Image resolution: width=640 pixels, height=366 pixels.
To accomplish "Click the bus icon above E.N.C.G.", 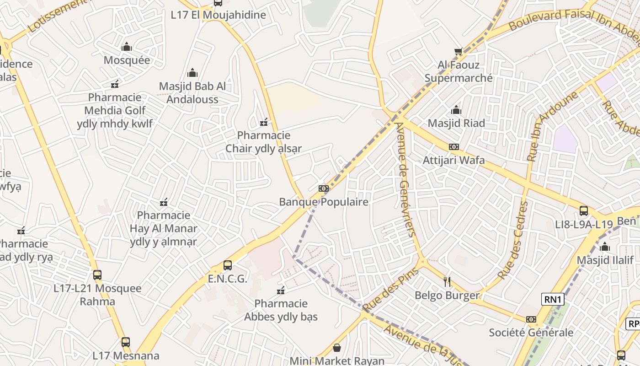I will click(227, 265).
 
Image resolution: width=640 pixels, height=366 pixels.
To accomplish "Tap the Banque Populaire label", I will click(324, 202).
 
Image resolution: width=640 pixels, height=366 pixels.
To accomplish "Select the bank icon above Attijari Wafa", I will click(453, 147).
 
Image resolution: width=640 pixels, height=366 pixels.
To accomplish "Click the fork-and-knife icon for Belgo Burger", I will click(447, 281).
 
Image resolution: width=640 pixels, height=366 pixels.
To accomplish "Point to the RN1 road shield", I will click(553, 300).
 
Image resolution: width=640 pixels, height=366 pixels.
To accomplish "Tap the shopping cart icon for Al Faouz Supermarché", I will click(458, 51).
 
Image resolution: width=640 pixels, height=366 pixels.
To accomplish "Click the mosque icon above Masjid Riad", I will click(456, 110).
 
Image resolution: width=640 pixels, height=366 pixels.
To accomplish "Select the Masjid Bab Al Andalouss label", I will click(192, 92).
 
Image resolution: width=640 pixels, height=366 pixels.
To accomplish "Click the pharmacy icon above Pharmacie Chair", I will click(264, 122).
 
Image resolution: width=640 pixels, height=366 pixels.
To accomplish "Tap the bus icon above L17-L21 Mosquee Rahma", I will click(97, 275).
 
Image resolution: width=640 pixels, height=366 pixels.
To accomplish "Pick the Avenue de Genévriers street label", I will click(405, 178).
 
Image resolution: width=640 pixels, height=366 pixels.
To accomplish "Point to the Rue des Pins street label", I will click(384, 289).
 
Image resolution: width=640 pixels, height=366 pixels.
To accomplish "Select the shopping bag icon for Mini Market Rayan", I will click(337, 348).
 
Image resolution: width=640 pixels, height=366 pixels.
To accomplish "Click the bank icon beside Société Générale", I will click(531, 319).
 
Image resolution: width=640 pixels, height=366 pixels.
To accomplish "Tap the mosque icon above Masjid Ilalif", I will click(605, 247).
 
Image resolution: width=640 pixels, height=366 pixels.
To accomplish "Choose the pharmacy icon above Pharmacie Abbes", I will click(281, 291).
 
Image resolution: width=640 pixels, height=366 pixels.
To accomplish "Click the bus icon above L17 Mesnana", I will click(125, 342).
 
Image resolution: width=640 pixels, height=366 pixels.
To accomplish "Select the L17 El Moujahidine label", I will click(218, 15).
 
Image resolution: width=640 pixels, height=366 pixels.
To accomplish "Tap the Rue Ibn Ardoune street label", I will click(551, 126).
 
